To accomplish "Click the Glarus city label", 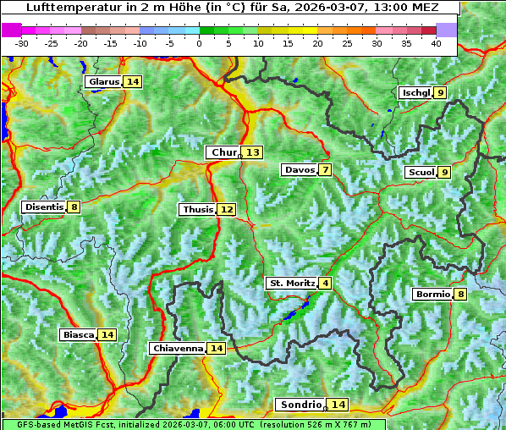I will tap(102, 82).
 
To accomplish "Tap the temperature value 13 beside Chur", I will tap(254, 152).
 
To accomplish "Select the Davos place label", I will tap(299, 170).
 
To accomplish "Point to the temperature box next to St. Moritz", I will tap(325, 283).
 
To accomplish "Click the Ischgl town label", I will tap(415, 92).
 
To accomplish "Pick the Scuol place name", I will tap(421, 173).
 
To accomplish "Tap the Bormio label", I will tap(432, 295).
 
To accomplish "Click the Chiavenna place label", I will tap(177, 348).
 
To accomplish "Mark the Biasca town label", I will tap(78, 334).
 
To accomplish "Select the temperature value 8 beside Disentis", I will tap(74, 207).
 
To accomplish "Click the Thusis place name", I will tap(197, 209).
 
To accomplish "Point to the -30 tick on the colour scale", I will tap(22, 43).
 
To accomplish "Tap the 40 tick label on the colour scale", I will tap(436, 43).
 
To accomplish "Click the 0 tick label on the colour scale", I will tap(199, 43).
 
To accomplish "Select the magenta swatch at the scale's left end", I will tap(11, 30).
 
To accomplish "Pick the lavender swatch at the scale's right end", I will tap(447, 30).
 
